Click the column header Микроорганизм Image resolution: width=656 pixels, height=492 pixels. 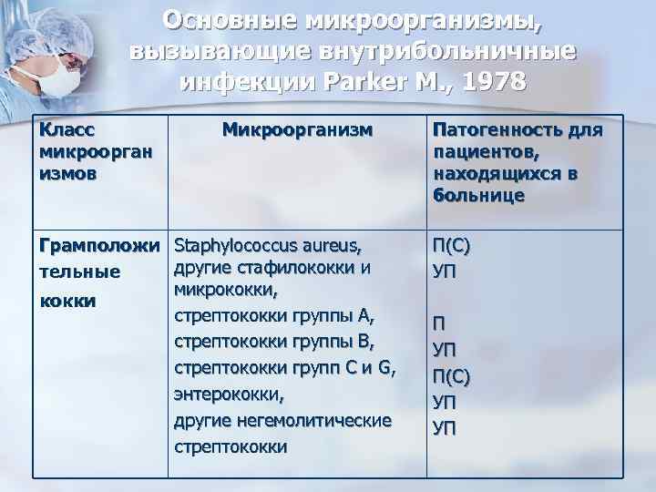[x=297, y=130]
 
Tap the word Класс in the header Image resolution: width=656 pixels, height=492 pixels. [x=69, y=130]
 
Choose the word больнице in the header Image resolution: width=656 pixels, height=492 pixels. [x=478, y=195]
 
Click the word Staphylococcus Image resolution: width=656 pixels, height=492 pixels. [x=241, y=245]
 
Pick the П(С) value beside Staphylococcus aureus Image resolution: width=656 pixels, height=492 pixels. [x=453, y=247]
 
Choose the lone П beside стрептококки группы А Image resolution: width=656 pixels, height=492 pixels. [x=439, y=323]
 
